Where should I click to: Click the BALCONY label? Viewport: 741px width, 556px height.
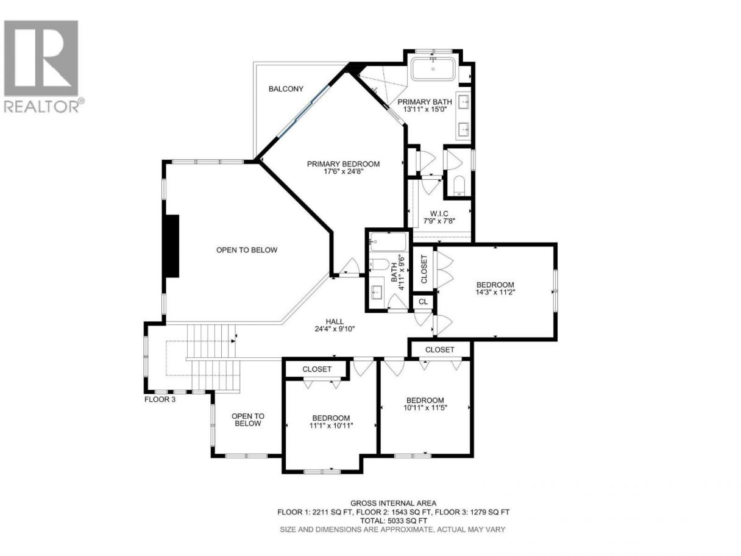coord(286,89)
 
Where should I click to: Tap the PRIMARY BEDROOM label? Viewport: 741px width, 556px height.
coord(343,164)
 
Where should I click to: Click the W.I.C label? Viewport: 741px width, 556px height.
coord(439,214)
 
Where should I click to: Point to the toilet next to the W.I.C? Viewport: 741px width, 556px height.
coord(459,185)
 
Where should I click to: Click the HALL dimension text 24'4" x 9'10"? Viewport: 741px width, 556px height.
coord(335,329)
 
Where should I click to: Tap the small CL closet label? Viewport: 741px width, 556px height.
coord(423,301)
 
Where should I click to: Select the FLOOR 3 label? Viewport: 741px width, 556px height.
coord(160,399)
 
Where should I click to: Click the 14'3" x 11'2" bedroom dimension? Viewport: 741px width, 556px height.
coord(495,292)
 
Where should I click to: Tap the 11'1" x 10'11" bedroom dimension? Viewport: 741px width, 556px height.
coord(331,426)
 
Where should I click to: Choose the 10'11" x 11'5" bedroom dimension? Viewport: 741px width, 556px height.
coord(425,407)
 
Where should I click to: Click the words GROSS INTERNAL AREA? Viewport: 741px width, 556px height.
coord(393,504)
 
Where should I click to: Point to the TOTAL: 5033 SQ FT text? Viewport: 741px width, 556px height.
coord(393,521)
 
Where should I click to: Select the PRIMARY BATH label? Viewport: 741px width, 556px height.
coord(424,102)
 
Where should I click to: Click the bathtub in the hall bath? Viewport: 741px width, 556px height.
coord(388,242)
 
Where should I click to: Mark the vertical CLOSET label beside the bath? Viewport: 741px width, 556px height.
coord(424,269)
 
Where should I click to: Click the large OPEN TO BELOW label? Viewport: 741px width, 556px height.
coord(246,250)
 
